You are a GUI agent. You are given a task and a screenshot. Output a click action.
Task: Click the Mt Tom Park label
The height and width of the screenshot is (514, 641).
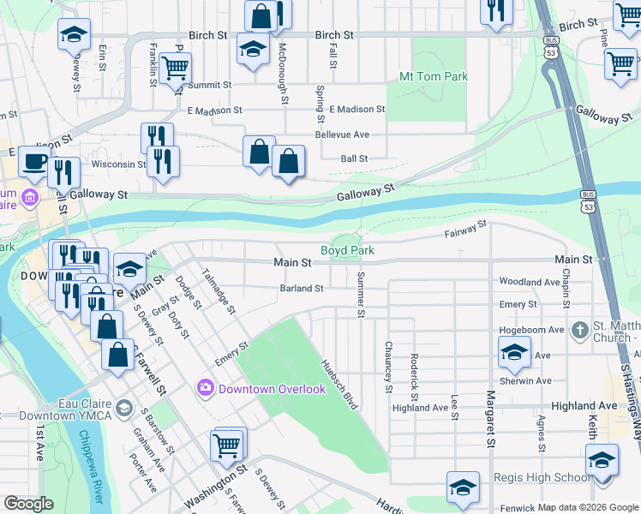(x=434, y=76)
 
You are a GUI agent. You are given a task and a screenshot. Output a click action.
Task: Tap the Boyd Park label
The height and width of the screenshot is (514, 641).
(x=348, y=250)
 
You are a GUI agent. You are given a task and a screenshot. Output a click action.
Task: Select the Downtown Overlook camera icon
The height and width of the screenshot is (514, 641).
(x=205, y=388)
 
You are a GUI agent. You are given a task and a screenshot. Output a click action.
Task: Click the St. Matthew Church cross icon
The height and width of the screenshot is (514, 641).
(x=580, y=331)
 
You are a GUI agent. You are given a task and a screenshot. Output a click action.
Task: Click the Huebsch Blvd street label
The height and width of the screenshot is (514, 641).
(x=339, y=385)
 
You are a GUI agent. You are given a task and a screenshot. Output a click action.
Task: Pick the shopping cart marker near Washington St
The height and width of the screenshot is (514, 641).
(x=226, y=445)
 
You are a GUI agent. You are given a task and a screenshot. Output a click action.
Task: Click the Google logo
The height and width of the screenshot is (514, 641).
(x=29, y=504)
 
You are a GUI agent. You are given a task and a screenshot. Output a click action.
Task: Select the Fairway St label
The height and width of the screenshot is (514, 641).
(x=465, y=228)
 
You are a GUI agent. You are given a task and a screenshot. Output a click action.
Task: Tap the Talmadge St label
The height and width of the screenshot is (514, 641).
(x=217, y=291)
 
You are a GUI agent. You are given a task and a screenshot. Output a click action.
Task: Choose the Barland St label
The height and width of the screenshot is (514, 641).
(x=301, y=289)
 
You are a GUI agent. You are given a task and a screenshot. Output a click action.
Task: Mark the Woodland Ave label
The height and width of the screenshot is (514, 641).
(x=530, y=281)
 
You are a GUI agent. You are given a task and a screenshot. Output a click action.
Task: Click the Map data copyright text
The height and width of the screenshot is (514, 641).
(x=589, y=507)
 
